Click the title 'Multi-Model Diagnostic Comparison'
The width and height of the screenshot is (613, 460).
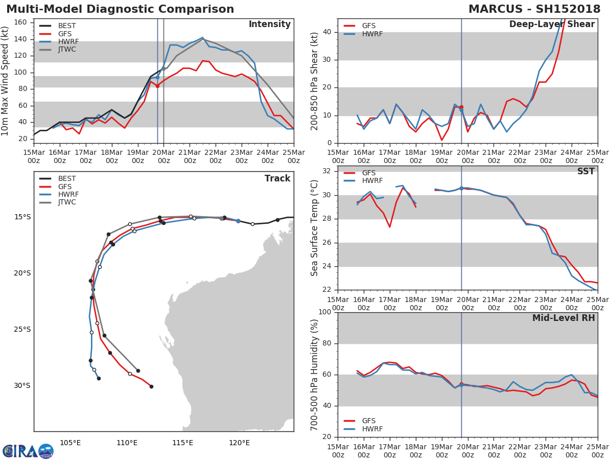[x=120, y=9]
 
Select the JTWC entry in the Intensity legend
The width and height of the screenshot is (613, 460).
[x=67, y=50]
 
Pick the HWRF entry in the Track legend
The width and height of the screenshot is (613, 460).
[x=68, y=194]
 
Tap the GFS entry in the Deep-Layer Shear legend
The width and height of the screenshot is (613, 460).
[x=368, y=26]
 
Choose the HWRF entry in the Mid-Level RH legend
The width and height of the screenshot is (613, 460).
[x=372, y=429]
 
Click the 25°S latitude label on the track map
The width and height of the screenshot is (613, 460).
[x=22, y=329]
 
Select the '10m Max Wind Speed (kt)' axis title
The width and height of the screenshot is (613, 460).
[x=6, y=81]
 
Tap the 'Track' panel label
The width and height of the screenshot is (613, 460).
[x=277, y=178]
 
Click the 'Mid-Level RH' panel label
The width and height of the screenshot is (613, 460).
[x=563, y=318]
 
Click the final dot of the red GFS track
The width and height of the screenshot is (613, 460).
[x=151, y=386]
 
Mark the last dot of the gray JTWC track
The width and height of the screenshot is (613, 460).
[x=138, y=371]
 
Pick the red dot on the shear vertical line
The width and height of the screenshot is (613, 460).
[x=461, y=107]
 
